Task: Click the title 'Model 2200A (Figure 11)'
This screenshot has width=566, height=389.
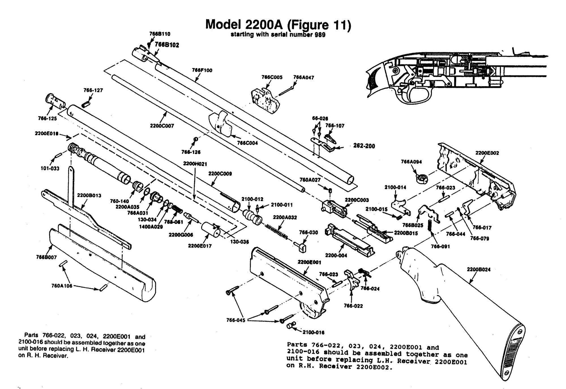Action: (278, 25)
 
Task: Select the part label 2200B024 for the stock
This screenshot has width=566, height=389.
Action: (479, 269)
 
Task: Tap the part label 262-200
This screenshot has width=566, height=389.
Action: (364, 146)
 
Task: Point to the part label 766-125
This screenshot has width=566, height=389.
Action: (47, 118)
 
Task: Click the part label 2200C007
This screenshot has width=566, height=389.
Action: (162, 126)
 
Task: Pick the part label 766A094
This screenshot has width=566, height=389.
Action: (411, 162)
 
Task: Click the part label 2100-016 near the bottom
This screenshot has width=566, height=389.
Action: (313, 332)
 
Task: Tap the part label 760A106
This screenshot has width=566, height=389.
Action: (62, 286)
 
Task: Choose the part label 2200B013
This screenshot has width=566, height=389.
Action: (89, 195)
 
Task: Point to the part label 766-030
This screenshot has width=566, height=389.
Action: (308, 232)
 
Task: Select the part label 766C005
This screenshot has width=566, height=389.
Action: (272, 77)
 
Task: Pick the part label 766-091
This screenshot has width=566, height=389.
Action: (440, 246)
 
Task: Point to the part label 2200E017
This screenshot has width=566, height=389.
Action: (200, 246)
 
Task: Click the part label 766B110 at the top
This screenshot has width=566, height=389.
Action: (160, 34)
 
